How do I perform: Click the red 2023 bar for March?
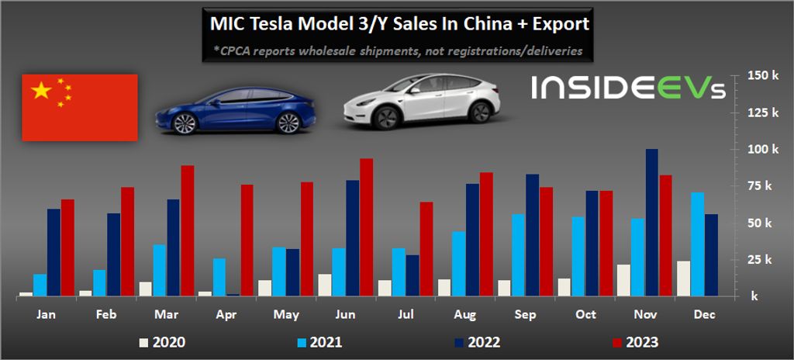[x=188, y=230]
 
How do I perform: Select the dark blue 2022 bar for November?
[x=652, y=223]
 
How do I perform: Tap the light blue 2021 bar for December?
[x=698, y=244]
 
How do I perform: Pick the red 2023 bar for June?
[x=366, y=227]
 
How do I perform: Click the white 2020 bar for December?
[x=684, y=278]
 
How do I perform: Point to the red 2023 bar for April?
[x=247, y=240]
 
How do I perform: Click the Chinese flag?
[x=80, y=108]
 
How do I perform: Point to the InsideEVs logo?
[x=628, y=88]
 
